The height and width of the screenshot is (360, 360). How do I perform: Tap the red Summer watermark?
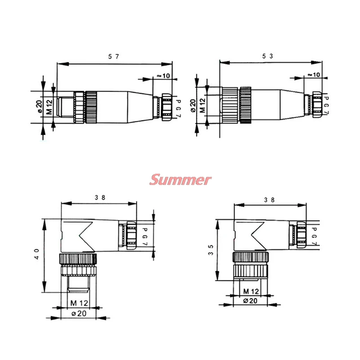[180, 180]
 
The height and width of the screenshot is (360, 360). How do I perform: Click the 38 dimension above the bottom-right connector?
[270, 199]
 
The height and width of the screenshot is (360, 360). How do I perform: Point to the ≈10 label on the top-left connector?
[163, 76]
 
